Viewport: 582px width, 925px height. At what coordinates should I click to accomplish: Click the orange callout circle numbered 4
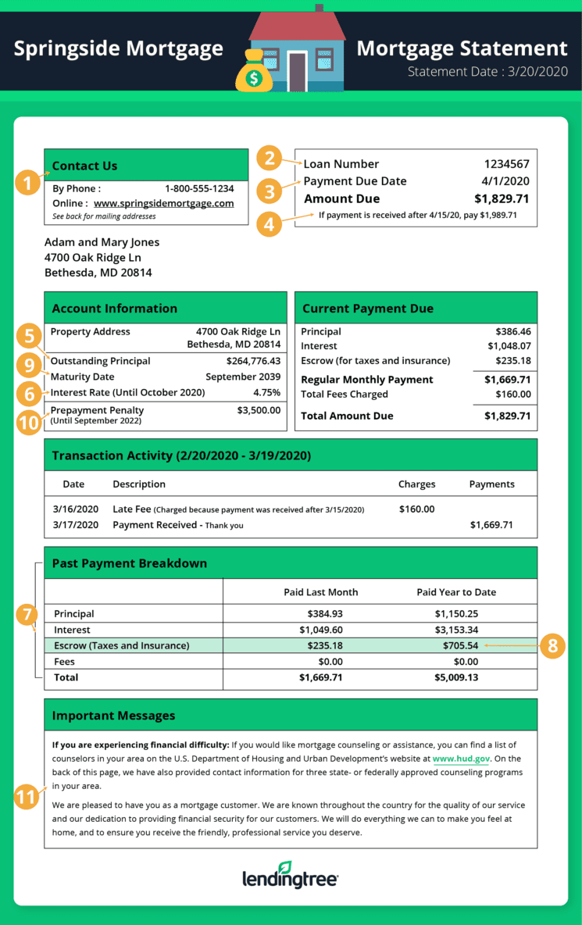click(270, 224)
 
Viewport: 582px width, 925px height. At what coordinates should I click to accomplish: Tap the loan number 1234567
click(506, 164)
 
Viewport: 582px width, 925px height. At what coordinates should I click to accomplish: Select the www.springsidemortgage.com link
click(164, 203)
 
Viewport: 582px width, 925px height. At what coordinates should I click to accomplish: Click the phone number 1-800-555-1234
click(199, 188)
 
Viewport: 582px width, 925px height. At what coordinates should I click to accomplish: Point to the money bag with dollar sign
click(254, 73)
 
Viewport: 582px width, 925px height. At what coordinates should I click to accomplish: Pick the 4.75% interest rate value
click(266, 392)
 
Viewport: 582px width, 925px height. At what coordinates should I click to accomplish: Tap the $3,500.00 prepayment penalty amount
click(259, 409)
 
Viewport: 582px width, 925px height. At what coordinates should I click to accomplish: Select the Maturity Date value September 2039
click(243, 377)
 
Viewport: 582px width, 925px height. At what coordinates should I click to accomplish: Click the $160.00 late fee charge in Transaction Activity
click(416, 509)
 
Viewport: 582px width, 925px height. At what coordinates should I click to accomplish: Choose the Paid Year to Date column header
click(456, 592)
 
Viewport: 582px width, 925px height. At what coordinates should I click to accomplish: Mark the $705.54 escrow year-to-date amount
click(456, 645)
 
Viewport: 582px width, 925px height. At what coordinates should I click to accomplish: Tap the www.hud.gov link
click(461, 759)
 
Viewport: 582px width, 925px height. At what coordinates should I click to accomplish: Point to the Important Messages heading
click(114, 716)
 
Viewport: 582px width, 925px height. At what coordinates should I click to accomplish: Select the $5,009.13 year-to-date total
click(456, 677)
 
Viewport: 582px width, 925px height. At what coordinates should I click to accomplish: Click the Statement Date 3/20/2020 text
click(487, 72)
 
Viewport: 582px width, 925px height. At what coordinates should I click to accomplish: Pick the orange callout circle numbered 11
click(27, 798)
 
